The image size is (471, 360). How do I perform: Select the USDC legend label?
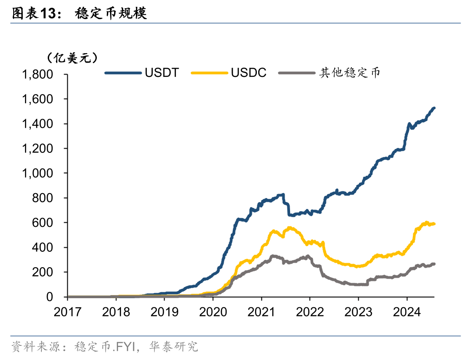pyautogui.click(x=248, y=73)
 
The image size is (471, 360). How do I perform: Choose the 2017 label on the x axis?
pyautogui.click(x=67, y=312)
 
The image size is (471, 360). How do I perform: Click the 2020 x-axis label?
pyautogui.click(x=213, y=312)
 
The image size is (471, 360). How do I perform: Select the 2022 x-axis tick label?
pyautogui.click(x=310, y=312)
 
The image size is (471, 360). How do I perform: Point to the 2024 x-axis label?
pyautogui.click(x=406, y=312)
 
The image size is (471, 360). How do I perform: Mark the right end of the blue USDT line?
pyautogui.click(x=434, y=108)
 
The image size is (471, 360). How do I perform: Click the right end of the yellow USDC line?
pyautogui.click(x=434, y=224)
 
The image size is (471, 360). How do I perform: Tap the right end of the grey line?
pyautogui.click(x=434, y=264)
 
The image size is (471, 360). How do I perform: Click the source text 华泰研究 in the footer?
pyautogui.click(x=181, y=347)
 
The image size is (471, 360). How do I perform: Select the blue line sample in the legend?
pyautogui.click(x=123, y=73)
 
